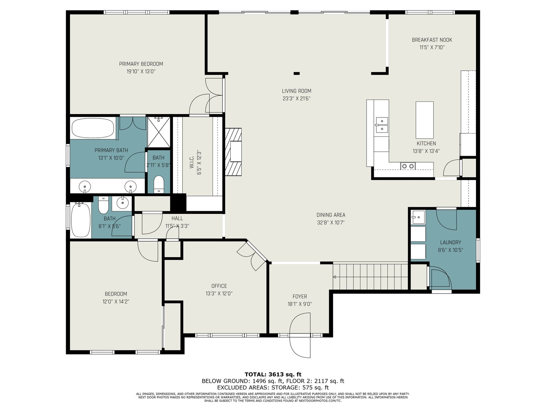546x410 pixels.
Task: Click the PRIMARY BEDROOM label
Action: pos(141,64)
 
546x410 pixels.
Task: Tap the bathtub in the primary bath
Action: pos(93,128)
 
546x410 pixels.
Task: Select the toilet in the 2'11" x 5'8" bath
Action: pos(158,184)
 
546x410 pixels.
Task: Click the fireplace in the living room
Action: pos(233,152)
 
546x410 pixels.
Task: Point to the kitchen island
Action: pos(425,120)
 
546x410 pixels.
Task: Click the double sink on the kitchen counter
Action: pos(381,125)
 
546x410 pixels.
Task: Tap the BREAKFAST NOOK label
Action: pos(432,40)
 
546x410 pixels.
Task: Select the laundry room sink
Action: pos(418,217)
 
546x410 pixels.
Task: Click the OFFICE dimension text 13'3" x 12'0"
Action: pos(219,293)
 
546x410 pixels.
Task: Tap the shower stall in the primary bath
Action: pos(159,132)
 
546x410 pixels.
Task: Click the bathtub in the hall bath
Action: pos(81,220)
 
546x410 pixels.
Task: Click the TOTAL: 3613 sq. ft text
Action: pos(273,374)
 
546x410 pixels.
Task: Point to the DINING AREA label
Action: pos(331,215)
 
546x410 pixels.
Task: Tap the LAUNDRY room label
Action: pos(450,243)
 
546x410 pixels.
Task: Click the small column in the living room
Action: pos(297,73)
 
